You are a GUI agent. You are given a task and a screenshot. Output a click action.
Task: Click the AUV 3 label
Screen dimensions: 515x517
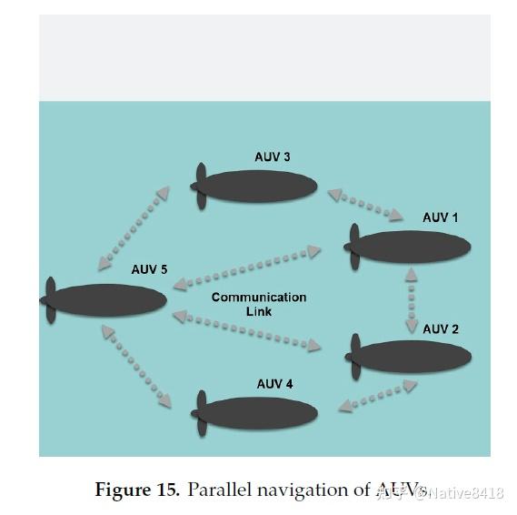pyautogui.click(x=272, y=157)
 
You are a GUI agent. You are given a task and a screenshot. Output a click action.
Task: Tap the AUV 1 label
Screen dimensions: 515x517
pyautogui.click(x=441, y=217)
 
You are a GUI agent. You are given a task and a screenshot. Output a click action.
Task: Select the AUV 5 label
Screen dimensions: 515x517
pyautogui.click(x=149, y=269)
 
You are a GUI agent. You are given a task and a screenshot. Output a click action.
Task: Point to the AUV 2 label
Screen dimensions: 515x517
pyautogui.click(x=441, y=328)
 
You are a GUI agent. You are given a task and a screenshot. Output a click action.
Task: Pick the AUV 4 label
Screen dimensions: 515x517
pyautogui.click(x=274, y=384)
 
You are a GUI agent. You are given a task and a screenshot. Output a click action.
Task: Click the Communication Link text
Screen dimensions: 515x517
pyautogui.click(x=258, y=304)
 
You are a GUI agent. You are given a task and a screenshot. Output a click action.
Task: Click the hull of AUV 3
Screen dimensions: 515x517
pyautogui.click(x=260, y=187)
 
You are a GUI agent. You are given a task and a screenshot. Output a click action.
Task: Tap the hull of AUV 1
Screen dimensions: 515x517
pyautogui.click(x=413, y=247)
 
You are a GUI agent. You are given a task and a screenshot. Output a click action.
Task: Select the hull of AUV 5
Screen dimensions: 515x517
pyautogui.click(x=109, y=300)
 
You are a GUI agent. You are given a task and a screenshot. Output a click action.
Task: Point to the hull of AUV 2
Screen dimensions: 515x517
pyautogui.click(x=414, y=357)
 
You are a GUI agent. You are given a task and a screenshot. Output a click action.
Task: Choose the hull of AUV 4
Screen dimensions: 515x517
pyautogui.click(x=261, y=413)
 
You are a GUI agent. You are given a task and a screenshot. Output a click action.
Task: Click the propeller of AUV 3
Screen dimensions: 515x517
pyautogui.click(x=201, y=187)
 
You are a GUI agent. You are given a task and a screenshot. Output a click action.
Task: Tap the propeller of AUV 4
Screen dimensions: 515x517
pyautogui.click(x=201, y=413)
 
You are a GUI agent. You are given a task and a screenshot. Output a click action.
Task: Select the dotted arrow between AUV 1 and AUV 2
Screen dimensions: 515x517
pyautogui.click(x=411, y=299)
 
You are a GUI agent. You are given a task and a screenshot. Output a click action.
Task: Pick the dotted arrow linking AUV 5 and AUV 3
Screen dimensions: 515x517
pyautogui.click(x=134, y=227)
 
